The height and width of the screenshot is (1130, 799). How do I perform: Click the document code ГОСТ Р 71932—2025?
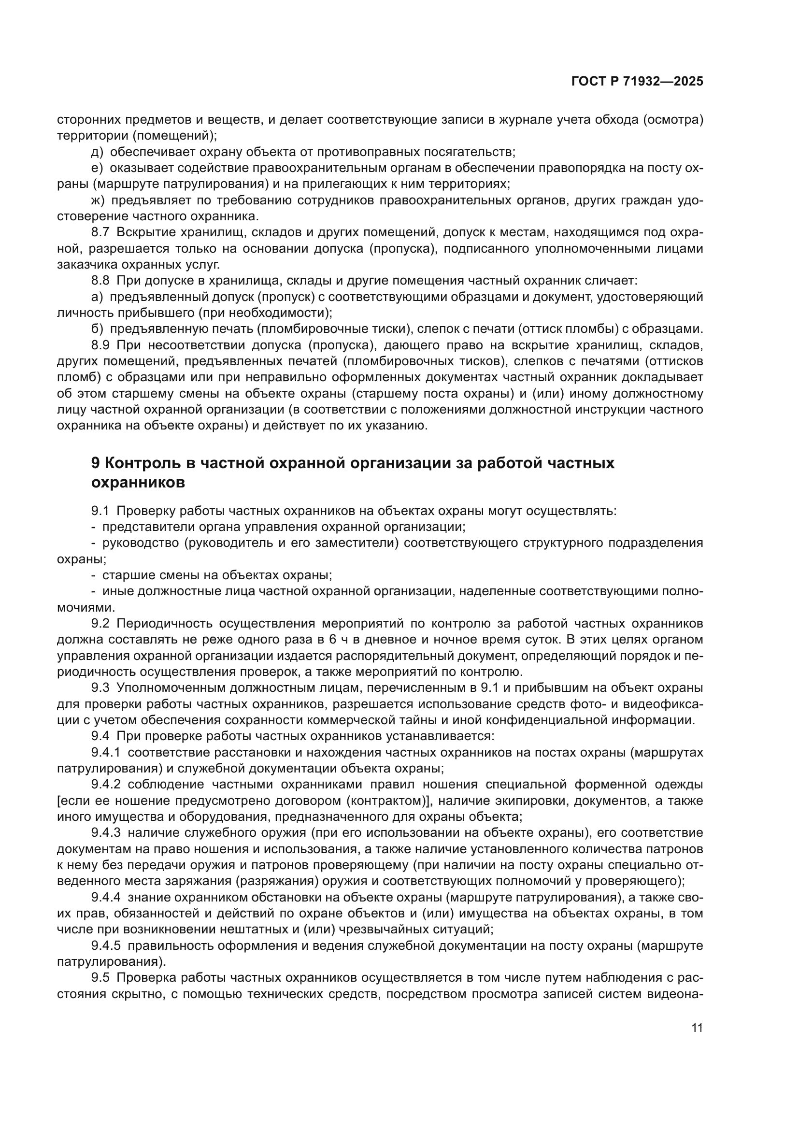637,82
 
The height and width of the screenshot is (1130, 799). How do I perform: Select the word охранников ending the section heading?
138,483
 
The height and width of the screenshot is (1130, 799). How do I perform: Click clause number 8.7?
100,232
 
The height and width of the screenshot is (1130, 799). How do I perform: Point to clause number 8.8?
100,281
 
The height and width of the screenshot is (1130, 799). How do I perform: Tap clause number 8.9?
100,345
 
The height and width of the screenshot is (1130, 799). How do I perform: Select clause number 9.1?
100,511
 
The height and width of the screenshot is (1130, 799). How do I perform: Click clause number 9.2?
100,624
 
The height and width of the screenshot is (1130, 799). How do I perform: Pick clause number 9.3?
100,687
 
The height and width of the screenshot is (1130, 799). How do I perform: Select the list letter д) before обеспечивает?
97,152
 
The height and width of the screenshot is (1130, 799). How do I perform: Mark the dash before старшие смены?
94,575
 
